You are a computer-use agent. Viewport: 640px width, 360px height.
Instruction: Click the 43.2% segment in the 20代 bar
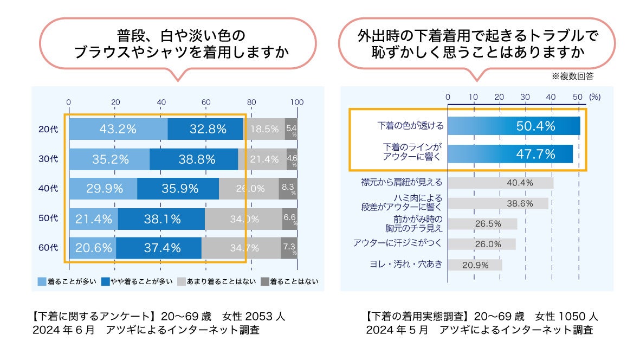point(118,129)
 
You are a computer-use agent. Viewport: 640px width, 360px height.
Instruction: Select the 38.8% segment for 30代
point(193,159)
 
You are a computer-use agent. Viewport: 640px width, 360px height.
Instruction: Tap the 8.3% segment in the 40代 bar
point(287,189)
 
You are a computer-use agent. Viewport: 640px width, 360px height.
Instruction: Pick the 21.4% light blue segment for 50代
point(94,219)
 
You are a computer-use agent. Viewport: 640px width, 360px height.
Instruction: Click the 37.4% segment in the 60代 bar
point(158,248)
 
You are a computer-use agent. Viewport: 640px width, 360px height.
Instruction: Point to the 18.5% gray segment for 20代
point(264,129)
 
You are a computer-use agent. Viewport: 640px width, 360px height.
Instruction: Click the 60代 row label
point(48,248)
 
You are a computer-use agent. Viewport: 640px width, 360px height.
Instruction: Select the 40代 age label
point(48,189)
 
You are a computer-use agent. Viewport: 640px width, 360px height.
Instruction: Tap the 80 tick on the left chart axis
point(251,102)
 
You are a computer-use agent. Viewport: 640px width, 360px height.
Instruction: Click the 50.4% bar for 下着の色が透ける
point(513,126)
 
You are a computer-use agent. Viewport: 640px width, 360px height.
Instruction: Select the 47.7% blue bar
point(510,154)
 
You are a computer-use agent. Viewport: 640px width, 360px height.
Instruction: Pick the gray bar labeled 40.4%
point(500,183)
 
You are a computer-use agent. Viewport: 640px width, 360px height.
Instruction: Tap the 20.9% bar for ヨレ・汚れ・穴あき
point(475,265)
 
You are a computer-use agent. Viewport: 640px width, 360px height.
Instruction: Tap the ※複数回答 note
point(572,77)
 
